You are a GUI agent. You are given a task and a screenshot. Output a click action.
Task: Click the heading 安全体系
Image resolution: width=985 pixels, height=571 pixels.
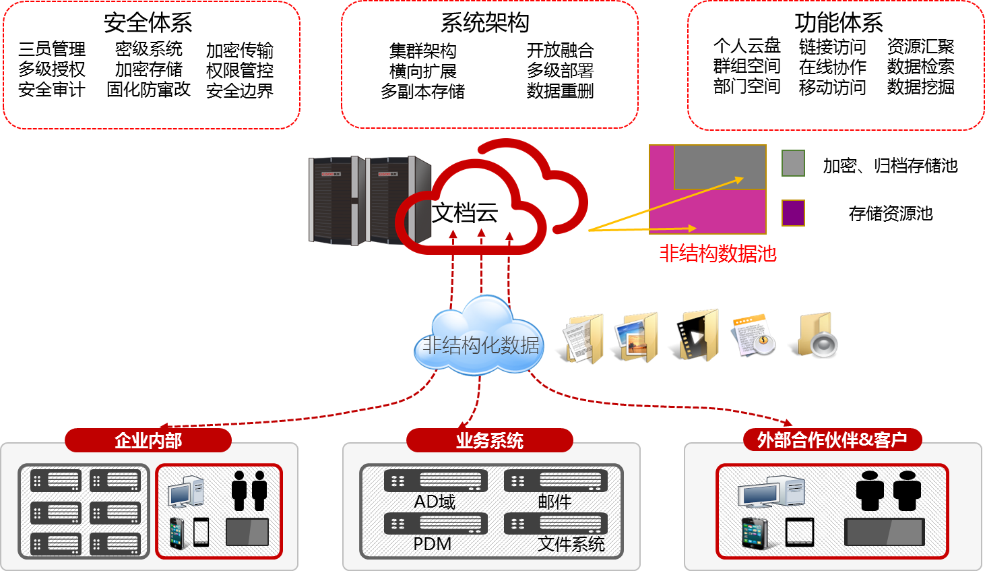[148, 23]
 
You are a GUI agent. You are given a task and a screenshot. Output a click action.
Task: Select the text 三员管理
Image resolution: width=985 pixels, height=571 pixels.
[52, 49]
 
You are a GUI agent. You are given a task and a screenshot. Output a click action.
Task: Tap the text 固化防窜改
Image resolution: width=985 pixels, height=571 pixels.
[149, 90]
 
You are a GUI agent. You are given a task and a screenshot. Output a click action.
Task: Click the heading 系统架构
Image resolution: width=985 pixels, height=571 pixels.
[485, 23]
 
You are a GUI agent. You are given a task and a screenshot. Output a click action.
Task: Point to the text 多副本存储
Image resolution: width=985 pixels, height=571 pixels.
[422, 91]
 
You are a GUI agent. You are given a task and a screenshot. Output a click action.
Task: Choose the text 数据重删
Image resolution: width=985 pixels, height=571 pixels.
[560, 91]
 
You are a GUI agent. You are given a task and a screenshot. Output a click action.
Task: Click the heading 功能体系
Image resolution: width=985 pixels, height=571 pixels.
[839, 23]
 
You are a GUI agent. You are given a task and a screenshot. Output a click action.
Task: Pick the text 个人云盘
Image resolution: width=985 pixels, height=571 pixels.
[746, 46]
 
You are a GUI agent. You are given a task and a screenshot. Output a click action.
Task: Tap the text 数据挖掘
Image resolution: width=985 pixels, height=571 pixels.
[920, 87]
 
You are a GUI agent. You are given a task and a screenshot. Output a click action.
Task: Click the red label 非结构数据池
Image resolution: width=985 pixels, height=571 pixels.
[718, 253]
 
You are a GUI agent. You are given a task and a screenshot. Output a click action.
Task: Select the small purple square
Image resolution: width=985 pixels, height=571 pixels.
[793, 213]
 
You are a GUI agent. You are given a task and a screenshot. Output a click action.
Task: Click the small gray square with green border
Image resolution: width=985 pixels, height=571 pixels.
[793, 163]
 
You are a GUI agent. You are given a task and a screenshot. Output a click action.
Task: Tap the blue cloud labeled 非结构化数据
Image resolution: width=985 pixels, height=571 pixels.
[480, 337]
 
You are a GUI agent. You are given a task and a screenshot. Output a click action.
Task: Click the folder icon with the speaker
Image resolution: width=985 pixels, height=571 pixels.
[817, 335]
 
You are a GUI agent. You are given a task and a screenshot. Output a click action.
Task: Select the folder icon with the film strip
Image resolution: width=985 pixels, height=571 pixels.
[700, 335]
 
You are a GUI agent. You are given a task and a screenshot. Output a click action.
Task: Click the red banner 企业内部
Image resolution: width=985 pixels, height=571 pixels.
[148, 441]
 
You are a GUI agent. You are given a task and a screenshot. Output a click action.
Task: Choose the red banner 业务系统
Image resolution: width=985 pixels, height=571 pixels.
[490, 441]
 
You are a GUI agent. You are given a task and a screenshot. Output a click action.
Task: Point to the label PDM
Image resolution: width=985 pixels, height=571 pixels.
[432, 544]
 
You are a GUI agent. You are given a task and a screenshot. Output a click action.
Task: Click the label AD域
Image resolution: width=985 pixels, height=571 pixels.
[435, 502]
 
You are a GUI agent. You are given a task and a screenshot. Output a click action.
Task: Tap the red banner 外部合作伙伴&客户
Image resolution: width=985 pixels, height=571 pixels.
[832, 440]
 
